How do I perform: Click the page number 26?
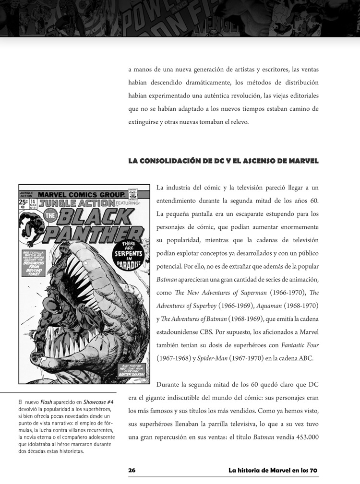point(132,471)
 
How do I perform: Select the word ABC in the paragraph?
point(305,358)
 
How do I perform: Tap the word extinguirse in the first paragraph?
point(146,122)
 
